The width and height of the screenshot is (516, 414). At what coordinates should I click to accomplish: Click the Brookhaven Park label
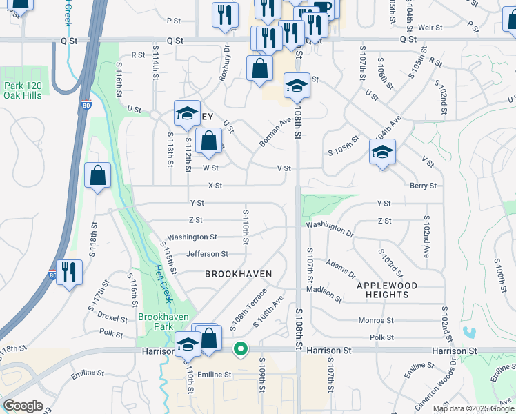coord(159,322)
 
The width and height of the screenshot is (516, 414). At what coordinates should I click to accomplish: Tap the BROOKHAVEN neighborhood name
coord(239,274)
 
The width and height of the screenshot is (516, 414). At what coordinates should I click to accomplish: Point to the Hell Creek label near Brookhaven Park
coord(157,286)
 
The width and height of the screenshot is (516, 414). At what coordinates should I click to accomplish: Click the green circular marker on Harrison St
coord(240,349)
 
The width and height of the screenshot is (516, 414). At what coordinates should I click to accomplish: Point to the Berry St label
coord(423,186)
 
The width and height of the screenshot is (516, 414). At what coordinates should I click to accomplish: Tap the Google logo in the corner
coord(23,406)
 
